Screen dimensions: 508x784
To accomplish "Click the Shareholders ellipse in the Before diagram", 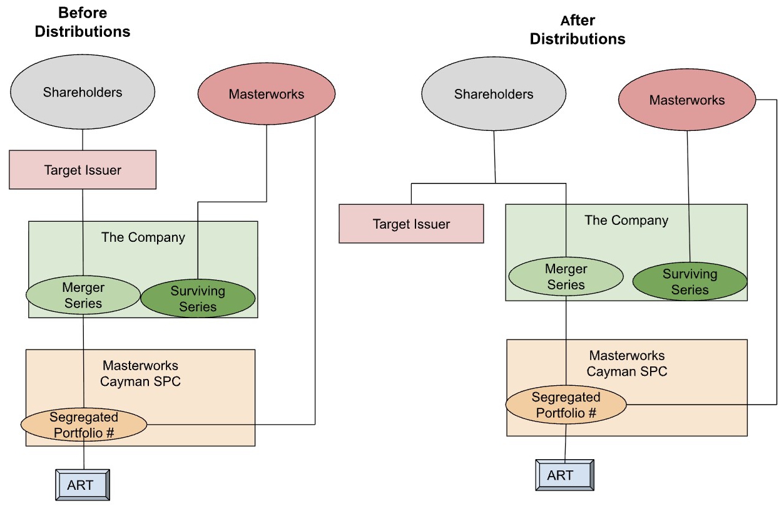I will tap(83, 93).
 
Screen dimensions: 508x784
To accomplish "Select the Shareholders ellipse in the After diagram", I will tap(494, 95).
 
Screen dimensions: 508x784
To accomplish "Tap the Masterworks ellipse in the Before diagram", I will tap(266, 95).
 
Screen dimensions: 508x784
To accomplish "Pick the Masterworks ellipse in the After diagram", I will tap(686, 100).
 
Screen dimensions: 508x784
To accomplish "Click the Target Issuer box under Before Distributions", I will tap(83, 170).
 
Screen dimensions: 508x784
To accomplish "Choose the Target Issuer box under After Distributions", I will tap(411, 224).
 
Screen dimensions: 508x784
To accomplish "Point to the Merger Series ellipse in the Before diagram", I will tap(83, 295).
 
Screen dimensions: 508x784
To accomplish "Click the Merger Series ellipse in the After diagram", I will tap(566, 277).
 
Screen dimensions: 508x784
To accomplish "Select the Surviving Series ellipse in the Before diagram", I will tap(198, 299).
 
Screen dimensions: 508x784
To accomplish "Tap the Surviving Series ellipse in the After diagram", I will tap(690, 282).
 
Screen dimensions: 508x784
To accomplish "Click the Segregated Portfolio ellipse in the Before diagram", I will tap(84, 425).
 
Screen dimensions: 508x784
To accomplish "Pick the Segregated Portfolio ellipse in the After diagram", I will tap(566, 405).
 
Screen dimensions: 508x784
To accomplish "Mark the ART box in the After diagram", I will tap(564, 475).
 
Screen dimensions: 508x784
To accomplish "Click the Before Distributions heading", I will tap(83, 22).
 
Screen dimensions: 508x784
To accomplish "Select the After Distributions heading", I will tap(578, 29).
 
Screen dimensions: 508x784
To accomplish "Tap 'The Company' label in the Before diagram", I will tap(143, 237).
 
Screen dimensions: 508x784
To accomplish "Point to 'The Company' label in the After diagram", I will tap(626, 220).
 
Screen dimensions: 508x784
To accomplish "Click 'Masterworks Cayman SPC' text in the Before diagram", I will tap(140, 373).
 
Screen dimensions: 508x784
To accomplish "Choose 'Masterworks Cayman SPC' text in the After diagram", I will tap(627, 363).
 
